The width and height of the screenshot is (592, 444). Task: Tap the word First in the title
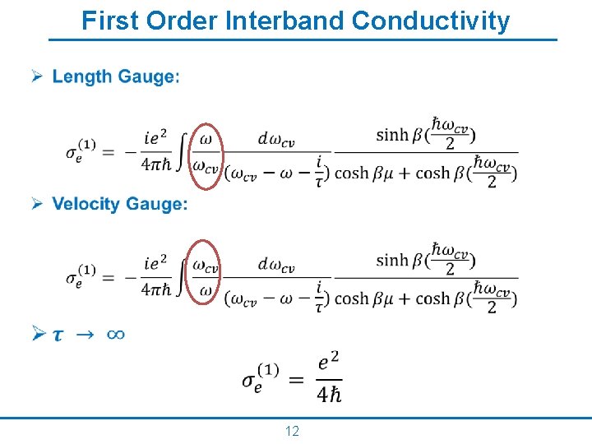(111, 21)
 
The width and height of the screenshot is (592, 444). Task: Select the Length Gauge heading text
(114, 77)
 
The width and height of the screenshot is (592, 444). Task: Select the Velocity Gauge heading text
(119, 204)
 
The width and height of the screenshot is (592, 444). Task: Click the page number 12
(292, 432)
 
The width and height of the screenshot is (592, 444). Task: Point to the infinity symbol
(116, 334)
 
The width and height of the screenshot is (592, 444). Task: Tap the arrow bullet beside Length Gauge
(37, 76)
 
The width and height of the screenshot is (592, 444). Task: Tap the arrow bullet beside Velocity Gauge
(37, 203)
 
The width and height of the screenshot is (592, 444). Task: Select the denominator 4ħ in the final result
(328, 395)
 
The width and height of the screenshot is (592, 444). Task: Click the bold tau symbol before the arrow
(58, 335)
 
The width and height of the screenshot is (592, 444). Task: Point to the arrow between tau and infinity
(86, 335)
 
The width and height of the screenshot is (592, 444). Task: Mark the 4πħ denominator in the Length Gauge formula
(156, 164)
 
